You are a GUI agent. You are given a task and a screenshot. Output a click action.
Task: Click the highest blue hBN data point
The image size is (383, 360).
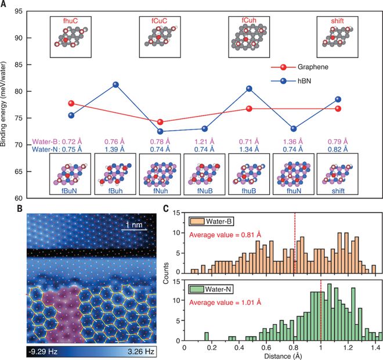click(116, 85)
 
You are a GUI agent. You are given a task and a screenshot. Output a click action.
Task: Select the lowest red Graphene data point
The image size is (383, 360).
click(160, 122)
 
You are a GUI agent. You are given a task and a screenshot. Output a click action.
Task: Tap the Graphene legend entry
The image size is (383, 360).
click(299, 67)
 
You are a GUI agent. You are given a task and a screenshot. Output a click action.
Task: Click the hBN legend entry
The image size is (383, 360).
click(291, 81)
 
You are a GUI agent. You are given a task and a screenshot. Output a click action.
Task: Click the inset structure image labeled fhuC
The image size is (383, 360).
click(71, 37)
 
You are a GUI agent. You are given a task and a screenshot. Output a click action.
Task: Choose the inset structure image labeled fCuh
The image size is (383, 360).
click(249, 37)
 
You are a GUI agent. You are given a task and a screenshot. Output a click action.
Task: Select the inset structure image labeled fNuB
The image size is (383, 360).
click(204, 174)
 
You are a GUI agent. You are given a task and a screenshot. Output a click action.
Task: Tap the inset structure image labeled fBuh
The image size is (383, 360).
click(115, 174)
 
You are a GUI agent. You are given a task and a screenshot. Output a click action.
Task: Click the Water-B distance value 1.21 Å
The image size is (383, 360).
click(204, 142)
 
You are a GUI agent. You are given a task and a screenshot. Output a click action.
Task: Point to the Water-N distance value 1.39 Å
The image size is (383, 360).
click(114, 149)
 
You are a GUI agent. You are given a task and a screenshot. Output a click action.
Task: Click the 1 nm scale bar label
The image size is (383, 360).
click(134, 225)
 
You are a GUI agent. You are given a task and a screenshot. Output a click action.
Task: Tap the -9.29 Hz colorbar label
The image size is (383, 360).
click(43, 352)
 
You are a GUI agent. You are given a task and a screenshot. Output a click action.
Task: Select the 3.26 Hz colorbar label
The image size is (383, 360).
click(141, 352)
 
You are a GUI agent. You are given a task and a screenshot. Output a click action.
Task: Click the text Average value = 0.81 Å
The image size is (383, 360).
click(225, 235)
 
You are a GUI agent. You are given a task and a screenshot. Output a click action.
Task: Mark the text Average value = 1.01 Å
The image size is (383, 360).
click(225, 303)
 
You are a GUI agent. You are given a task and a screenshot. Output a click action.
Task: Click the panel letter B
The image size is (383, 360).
click(20, 208)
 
